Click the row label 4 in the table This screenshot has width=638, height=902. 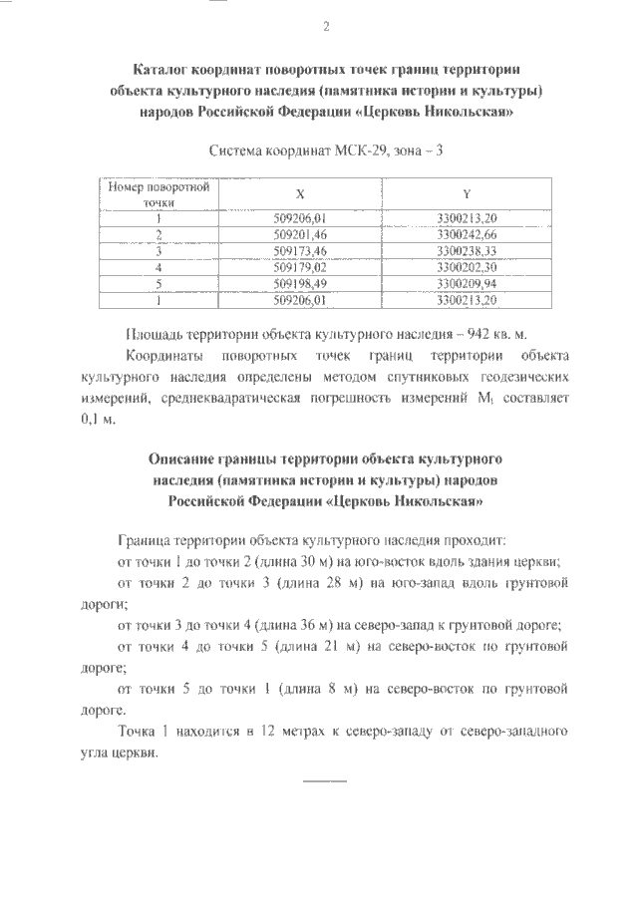[x=158, y=266]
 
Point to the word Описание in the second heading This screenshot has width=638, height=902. [x=179, y=459]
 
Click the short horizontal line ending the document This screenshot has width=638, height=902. [x=324, y=777]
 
